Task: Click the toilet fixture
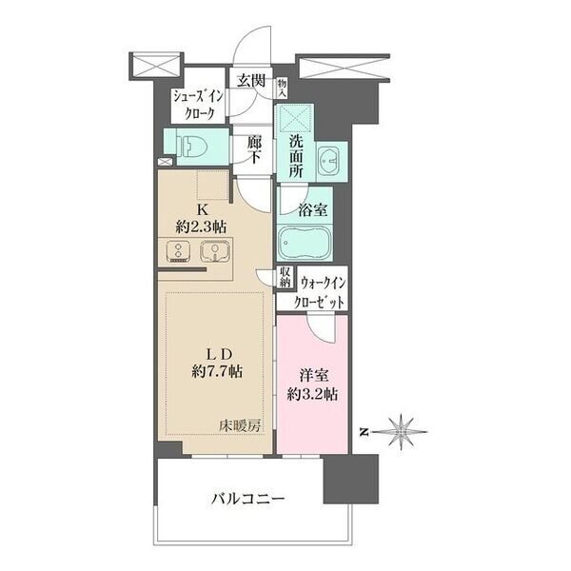(191, 146)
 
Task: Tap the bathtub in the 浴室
(304, 243)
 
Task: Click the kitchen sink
(215, 252)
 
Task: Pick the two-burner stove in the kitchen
(179, 252)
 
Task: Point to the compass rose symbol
(400, 431)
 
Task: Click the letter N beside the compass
(364, 432)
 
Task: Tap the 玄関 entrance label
(251, 81)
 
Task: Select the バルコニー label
(247, 498)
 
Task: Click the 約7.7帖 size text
(217, 371)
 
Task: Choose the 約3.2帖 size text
(312, 394)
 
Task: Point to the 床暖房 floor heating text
(240, 426)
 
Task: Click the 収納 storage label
(285, 277)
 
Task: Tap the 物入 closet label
(282, 89)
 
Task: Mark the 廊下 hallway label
(254, 149)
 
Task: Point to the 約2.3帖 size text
(201, 227)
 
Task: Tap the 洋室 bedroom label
(312, 376)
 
